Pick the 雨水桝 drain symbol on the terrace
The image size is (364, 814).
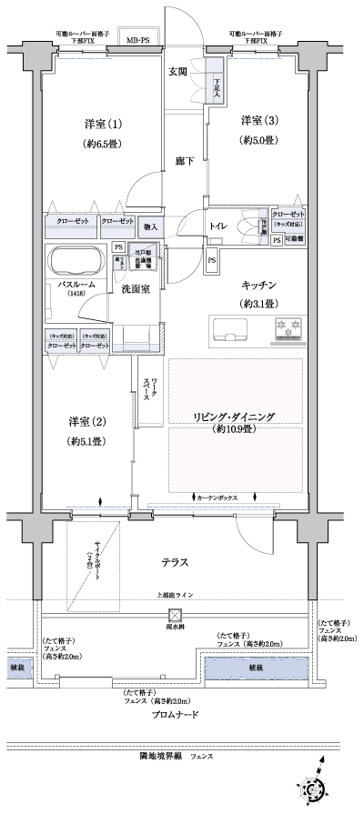click(x=173, y=614)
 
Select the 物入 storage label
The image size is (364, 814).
click(x=151, y=226)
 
